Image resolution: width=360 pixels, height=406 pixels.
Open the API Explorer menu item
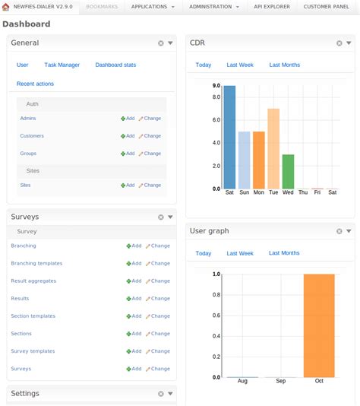click(271, 6)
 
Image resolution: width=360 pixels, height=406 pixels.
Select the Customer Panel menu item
click(327, 6)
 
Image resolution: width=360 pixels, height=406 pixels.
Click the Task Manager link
click(62, 65)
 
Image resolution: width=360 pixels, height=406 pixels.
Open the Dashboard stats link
click(115, 65)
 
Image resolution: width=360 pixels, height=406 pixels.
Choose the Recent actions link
click(35, 84)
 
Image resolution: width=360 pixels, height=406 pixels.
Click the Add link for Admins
click(128, 119)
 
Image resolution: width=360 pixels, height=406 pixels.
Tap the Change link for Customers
click(150, 136)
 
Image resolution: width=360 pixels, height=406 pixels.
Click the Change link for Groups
click(150, 154)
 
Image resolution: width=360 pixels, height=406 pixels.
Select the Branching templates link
click(36, 264)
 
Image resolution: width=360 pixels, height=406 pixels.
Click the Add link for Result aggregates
click(134, 281)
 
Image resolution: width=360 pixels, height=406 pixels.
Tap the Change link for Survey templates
click(158, 351)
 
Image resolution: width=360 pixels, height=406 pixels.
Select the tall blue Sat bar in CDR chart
click(229, 137)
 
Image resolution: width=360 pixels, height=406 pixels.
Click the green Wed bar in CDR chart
click(288, 171)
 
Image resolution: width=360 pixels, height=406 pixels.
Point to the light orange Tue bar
click(273, 148)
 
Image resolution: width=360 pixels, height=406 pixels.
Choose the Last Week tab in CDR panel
click(240, 65)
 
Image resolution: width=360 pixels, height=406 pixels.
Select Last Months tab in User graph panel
click(284, 253)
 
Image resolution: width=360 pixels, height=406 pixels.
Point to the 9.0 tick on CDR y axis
click(216, 86)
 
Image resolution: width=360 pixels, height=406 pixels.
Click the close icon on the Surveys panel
click(161, 217)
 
